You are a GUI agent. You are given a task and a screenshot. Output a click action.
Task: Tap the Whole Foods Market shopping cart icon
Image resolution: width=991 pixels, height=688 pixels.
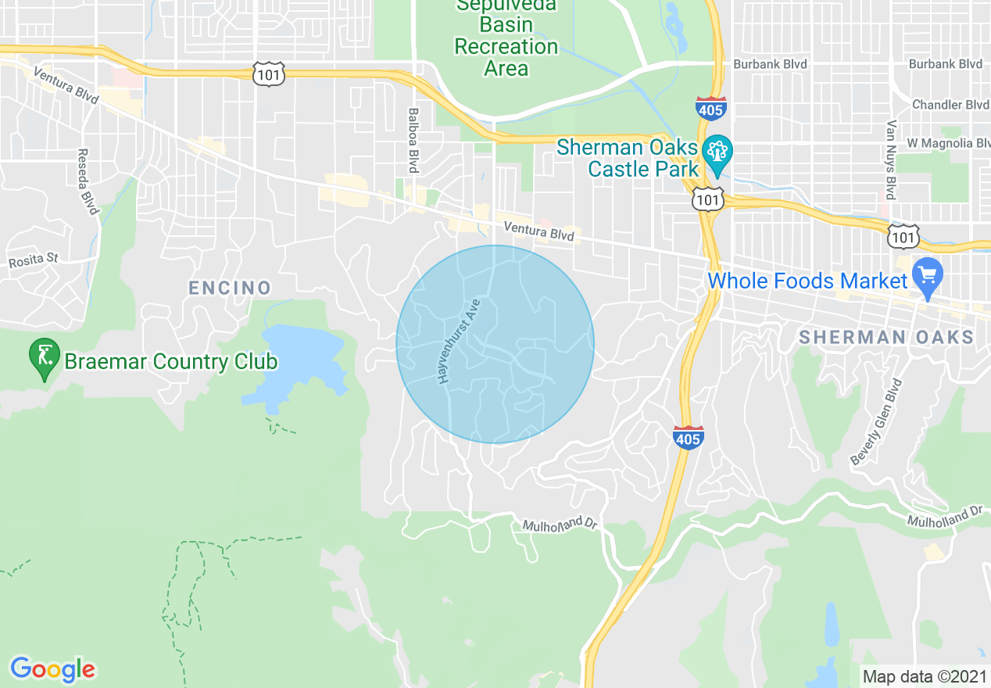pos(928,276)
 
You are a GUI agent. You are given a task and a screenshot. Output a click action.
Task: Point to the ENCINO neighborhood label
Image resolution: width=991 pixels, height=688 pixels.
pos(230,288)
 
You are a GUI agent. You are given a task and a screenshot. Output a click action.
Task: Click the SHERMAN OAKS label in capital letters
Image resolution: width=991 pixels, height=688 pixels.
pos(886,338)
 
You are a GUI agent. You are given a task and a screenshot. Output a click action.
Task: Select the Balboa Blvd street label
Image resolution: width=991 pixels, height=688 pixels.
pos(413,141)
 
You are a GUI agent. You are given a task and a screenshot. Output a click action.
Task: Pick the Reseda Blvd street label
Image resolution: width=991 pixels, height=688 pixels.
pos(88,181)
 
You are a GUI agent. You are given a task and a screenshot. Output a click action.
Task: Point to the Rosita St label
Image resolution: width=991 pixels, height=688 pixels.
pos(33,257)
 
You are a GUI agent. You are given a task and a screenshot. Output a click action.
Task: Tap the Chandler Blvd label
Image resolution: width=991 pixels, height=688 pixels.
pos(950,104)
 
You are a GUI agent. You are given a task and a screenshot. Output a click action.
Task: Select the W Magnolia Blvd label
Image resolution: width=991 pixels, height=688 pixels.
pos(949,143)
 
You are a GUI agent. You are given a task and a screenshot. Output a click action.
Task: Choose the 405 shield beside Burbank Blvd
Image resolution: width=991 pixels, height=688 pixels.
pos(710,109)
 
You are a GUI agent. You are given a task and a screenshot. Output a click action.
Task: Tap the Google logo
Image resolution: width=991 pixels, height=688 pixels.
pos(52,669)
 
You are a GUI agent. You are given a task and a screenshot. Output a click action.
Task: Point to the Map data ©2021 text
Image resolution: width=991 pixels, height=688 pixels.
pos(922,675)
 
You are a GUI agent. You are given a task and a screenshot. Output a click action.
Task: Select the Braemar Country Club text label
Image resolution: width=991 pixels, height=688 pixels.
pos(170,362)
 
